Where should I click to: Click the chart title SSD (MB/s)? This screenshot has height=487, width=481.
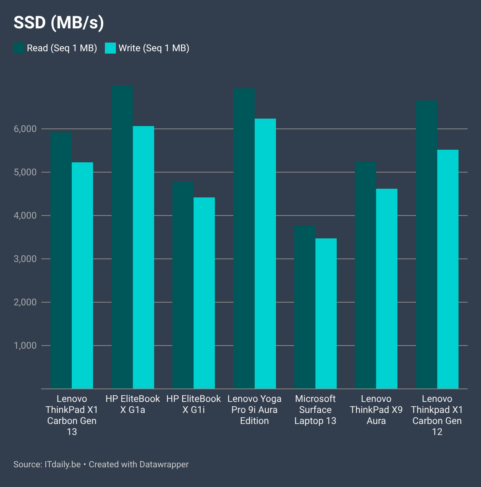(x=59, y=23)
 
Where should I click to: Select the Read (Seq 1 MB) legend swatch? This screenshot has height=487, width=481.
(x=19, y=48)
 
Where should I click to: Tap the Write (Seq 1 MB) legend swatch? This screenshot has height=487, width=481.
(x=110, y=48)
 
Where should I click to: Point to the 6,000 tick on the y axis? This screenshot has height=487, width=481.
(x=25, y=129)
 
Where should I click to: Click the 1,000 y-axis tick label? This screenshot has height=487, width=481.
(x=25, y=346)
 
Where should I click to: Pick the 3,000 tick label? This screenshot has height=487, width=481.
(x=25, y=259)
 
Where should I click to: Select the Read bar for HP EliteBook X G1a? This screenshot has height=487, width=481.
(x=122, y=237)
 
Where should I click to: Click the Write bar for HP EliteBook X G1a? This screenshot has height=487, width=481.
(x=144, y=257)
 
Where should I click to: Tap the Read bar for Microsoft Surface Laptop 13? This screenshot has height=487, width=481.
(x=305, y=307)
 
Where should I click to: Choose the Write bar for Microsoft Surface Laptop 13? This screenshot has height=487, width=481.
(x=326, y=313)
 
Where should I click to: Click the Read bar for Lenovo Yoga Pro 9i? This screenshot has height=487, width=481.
(x=244, y=238)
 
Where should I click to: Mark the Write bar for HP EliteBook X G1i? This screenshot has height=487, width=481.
(x=204, y=293)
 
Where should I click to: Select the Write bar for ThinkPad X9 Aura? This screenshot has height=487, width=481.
(x=387, y=288)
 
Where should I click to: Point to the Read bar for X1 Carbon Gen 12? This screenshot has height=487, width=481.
(x=427, y=245)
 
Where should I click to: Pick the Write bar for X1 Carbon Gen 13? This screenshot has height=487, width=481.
(x=82, y=275)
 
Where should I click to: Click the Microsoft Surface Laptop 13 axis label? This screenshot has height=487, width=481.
(x=315, y=410)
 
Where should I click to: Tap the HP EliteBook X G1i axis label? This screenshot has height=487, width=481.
(x=194, y=404)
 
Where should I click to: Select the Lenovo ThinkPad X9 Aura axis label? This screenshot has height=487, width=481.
(x=376, y=410)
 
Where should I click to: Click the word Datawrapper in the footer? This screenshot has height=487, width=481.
(x=164, y=464)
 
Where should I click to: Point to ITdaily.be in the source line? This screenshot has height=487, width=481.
(x=62, y=464)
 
